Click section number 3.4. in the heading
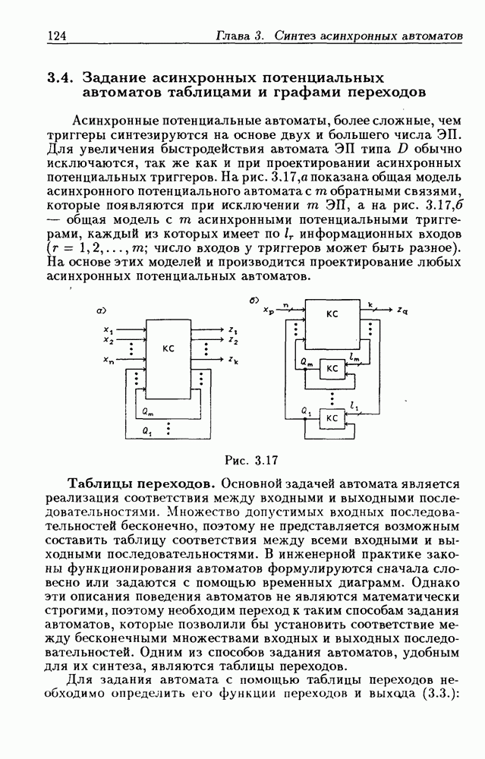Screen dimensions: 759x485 pyautogui.click(x=61, y=77)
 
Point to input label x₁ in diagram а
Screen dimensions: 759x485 pyautogui.click(x=108, y=330)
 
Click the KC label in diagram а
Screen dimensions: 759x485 pyautogui.click(x=168, y=348)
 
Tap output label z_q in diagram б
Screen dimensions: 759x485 pyautogui.click(x=403, y=310)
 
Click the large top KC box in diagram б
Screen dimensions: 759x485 pyautogui.click(x=332, y=313)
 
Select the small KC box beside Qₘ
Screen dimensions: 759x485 pyautogui.click(x=332, y=368)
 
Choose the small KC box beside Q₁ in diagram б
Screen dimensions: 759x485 pyautogui.click(x=332, y=418)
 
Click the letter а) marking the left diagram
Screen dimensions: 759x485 pyautogui.click(x=99, y=310)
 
